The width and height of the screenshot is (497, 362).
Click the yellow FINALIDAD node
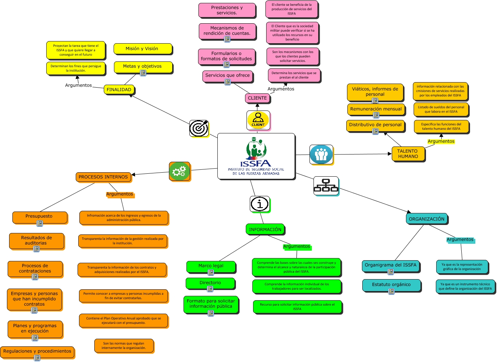coord(119,89)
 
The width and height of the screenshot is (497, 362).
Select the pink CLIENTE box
coord(257,98)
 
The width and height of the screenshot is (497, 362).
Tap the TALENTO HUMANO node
coord(408,154)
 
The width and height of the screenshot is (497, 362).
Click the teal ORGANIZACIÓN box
coord(426,219)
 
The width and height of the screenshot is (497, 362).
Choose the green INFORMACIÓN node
coord(265,229)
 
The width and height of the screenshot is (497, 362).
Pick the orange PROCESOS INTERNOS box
coord(103,177)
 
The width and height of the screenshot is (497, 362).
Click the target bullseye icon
coord(199,128)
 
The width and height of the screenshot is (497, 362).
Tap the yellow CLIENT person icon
coord(258,120)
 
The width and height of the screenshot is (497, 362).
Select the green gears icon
coord(179,171)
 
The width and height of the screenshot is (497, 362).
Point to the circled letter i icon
coord(260,204)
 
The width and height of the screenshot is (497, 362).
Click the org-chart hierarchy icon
coord(326,185)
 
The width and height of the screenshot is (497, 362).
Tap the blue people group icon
coord(321,154)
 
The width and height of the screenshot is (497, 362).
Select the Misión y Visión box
coord(142,49)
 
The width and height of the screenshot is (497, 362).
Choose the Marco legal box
coord(211,266)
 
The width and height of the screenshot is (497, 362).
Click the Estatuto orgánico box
coord(391,285)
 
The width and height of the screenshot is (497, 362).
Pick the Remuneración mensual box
coord(376,109)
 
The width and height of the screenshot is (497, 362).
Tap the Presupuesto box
coord(39,216)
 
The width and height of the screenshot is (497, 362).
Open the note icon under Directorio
coord(210,289)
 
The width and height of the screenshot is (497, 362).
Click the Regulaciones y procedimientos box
coord(37,351)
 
